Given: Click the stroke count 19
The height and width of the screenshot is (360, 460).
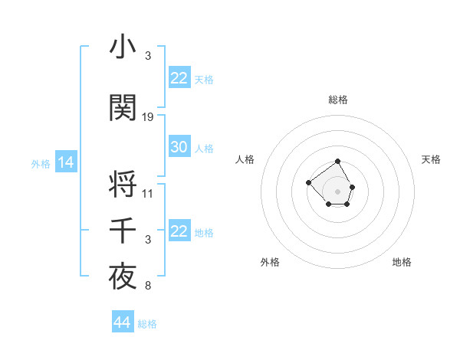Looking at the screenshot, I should tap(148, 117).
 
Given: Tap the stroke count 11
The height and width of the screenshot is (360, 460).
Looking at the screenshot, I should tap(148, 193).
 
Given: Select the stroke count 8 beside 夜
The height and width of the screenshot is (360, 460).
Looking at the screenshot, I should tap(147, 286).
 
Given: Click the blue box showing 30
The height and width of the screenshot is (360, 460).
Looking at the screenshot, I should tap(179, 147).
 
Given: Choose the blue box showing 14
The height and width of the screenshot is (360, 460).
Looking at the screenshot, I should tap(65, 162).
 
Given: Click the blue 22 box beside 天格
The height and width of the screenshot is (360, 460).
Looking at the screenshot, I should tap(179, 78).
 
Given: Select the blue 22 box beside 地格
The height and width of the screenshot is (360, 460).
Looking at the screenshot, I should tap(179, 231).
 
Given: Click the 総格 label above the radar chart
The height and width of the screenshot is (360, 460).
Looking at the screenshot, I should tap(337, 100).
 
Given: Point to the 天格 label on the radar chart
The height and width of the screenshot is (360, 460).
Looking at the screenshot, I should tap(431, 159).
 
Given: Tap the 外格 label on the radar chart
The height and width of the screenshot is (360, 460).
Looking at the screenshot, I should tap(270, 262).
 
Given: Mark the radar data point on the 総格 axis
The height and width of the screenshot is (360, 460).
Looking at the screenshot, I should tap(337, 162).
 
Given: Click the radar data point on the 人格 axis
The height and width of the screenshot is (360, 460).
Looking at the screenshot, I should tap(308, 182).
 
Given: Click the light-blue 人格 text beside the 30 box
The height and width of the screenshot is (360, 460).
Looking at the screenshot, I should tap(204, 148).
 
